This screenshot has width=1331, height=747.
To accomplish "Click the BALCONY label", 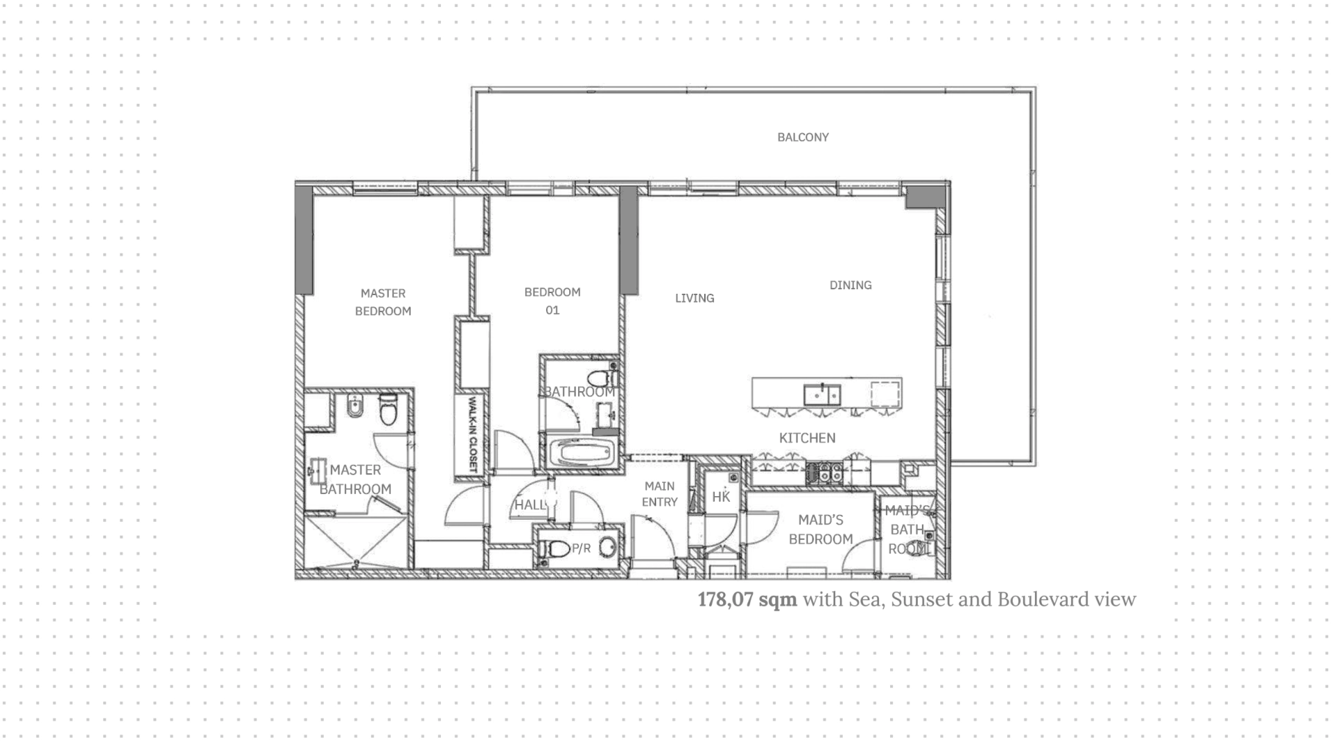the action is pyautogui.click(x=803, y=137).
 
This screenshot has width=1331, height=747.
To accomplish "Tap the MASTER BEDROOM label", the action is pyautogui.click(x=383, y=302).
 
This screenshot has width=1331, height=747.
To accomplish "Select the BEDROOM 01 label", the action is pyautogui.click(x=553, y=301).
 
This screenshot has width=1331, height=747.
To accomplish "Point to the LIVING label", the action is pyautogui.click(x=695, y=298).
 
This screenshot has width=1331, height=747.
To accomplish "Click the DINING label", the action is pyautogui.click(x=851, y=285).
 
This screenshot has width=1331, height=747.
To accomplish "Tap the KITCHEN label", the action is pyautogui.click(x=807, y=438).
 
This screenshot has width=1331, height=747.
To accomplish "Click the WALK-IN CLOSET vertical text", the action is pyautogui.click(x=473, y=434).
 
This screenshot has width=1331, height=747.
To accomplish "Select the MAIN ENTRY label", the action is pyautogui.click(x=659, y=494).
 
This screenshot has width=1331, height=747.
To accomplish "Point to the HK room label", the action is pyautogui.click(x=721, y=497).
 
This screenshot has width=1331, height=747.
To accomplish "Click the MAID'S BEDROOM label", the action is pyautogui.click(x=821, y=529).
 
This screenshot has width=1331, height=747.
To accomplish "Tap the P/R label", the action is pyautogui.click(x=581, y=549).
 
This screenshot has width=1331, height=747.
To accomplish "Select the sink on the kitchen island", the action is pyautogui.click(x=822, y=394).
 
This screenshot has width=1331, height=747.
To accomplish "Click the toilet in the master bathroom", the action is pyautogui.click(x=388, y=409).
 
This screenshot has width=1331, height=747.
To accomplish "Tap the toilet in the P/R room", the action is pyautogui.click(x=555, y=549).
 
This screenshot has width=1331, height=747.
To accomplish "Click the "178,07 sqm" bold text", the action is pyautogui.click(x=747, y=599).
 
